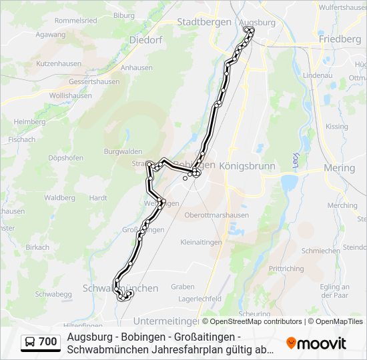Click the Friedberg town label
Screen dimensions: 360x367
pyautogui.click(x=340, y=39)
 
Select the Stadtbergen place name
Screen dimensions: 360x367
pyautogui.click(x=204, y=22)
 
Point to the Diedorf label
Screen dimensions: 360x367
pyautogui.click(x=145, y=40)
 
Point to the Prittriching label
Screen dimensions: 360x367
pyautogui.click(x=286, y=269)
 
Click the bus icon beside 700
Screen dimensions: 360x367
pyautogui.click(x=30, y=342)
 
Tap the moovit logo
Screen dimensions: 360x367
pyautogui.click(x=316, y=343)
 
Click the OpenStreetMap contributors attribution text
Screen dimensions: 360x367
pyautogui.click(x=256, y=321)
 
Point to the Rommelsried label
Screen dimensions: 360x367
pyautogui.click(x=75, y=21)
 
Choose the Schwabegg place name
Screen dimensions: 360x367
pyautogui.click(x=53, y=294)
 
